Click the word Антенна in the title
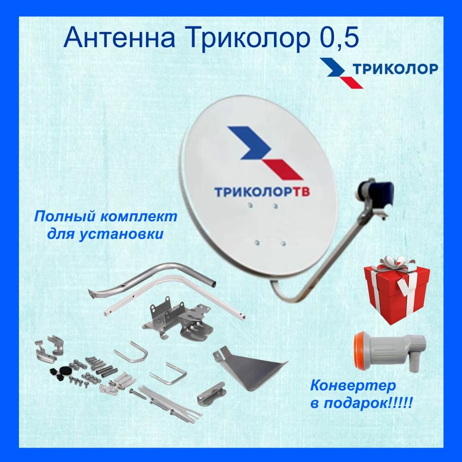[119, 38]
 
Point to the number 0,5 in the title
[339, 38]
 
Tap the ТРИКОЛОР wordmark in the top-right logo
[395, 68]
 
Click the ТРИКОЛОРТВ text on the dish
[261, 192]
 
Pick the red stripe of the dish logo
[283, 169]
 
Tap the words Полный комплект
[106, 216]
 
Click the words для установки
[105, 234]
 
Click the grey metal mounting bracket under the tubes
[178, 319]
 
